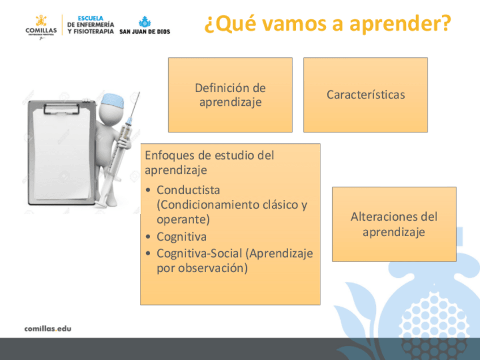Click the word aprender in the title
point(400,24)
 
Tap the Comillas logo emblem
point(41,21)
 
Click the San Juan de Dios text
point(144,32)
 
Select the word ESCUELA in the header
point(91,18)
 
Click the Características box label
point(366,95)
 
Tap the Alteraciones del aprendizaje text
point(394,224)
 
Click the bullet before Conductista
point(148,190)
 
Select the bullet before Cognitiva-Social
point(148,254)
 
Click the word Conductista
point(188,190)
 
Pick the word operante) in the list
point(183,220)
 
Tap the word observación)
point(213,268)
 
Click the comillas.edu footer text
point(48,329)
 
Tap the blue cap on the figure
point(113,100)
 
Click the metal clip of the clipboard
point(62,108)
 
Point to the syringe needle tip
point(139,92)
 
